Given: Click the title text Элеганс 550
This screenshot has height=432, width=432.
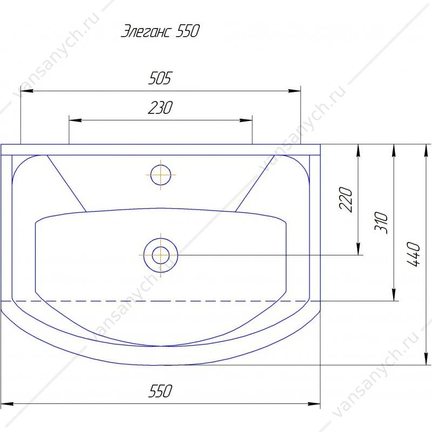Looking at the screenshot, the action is tap(160, 31).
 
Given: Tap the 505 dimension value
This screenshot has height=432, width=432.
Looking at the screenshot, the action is tap(160, 78).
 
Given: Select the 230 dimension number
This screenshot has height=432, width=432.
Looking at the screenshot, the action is tap(160, 107).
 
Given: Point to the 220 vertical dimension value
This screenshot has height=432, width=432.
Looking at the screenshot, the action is tap(346, 200).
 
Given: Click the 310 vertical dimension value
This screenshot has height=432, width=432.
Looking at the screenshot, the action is tap(381, 222).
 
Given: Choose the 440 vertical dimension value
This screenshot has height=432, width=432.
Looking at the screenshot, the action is tap(413, 254).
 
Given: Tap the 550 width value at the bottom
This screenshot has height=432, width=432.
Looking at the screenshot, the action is tap(160, 391).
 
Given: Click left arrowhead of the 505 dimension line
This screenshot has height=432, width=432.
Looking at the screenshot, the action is tap(27, 91).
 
